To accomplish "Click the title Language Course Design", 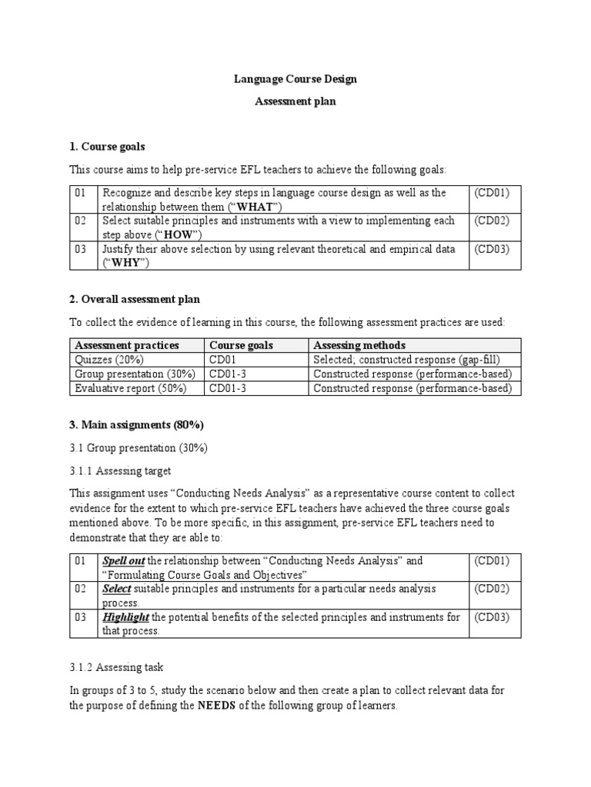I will (x=295, y=79).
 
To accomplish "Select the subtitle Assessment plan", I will (x=295, y=101).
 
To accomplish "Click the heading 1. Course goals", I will (x=107, y=146).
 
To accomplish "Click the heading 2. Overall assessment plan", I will (x=135, y=299).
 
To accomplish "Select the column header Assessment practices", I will (x=126, y=345).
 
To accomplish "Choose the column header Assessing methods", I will (x=359, y=345).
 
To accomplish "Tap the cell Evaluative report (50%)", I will (x=130, y=388).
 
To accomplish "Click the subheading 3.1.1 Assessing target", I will (x=120, y=470).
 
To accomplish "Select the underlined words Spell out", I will (x=124, y=560).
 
